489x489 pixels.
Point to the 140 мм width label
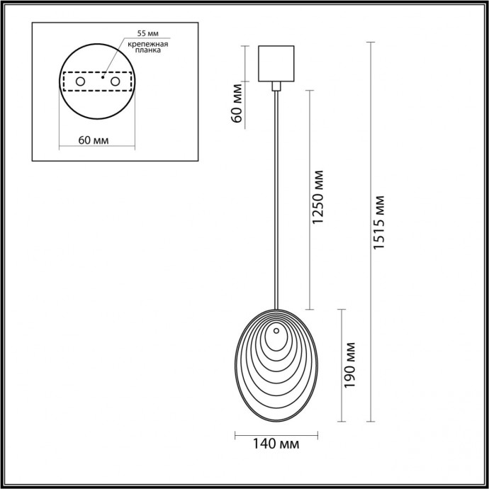click(276, 444)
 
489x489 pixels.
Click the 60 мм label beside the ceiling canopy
click(237, 102)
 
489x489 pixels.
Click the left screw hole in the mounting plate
click(80, 83)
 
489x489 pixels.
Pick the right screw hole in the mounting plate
click(113, 83)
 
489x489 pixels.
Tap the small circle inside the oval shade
click(275, 331)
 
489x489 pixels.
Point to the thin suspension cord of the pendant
click(275, 198)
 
